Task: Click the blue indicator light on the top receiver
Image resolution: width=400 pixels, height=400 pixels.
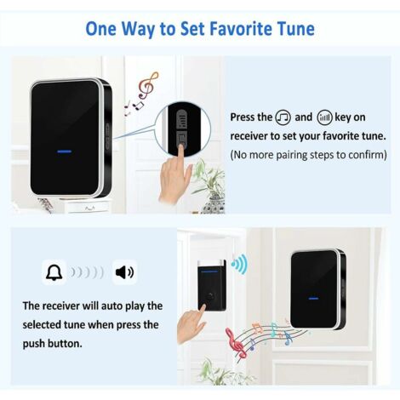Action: (x=65, y=151)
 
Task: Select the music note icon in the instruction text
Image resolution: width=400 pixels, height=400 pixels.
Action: (x=283, y=117)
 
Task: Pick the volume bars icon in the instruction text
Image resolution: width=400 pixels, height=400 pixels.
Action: (x=324, y=117)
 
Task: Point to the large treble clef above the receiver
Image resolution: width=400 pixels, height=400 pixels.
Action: (x=148, y=85)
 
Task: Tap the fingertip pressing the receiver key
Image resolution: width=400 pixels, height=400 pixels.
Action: (x=181, y=147)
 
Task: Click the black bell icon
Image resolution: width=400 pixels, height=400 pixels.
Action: (x=54, y=272)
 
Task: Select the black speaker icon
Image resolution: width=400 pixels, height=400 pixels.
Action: (x=124, y=272)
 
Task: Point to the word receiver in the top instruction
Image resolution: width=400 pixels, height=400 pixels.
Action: (x=249, y=136)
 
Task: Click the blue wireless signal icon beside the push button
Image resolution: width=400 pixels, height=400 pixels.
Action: (x=239, y=265)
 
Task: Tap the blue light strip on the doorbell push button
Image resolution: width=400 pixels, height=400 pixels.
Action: (x=209, y=271)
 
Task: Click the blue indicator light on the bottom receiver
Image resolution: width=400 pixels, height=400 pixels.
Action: (x=313, y=299)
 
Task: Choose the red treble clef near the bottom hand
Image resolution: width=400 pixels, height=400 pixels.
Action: (x=235, y=342)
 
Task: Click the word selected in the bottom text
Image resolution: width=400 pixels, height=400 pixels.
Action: (x=42, y=325)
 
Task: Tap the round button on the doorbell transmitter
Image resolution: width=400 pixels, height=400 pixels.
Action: (x=210, y=295)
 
